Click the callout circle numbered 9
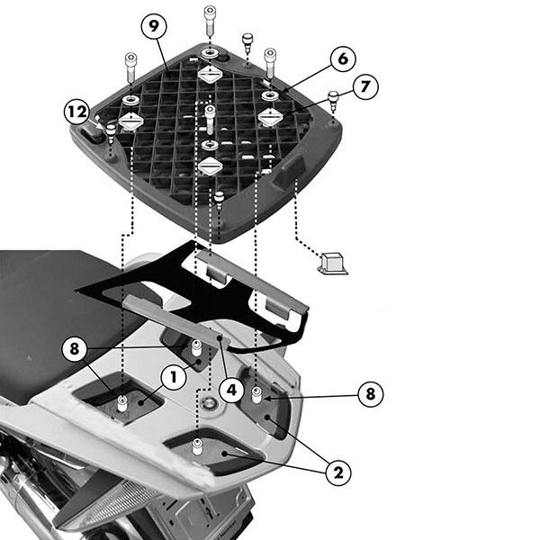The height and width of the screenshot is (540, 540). pos(154,26)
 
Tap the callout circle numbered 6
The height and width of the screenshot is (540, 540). pos(343,58)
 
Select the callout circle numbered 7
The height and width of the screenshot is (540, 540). pos(365,86)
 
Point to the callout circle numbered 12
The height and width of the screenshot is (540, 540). pos(77,112)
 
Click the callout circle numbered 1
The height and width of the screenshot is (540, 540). pos(174,377)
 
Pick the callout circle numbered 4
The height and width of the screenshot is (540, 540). pos(232,391)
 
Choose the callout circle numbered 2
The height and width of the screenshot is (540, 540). pos(338,472)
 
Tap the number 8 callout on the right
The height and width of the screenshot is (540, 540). pos(371,393)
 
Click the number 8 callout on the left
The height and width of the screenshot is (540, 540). pos(75,348)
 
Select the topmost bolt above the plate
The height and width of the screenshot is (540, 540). pos(210,21)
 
